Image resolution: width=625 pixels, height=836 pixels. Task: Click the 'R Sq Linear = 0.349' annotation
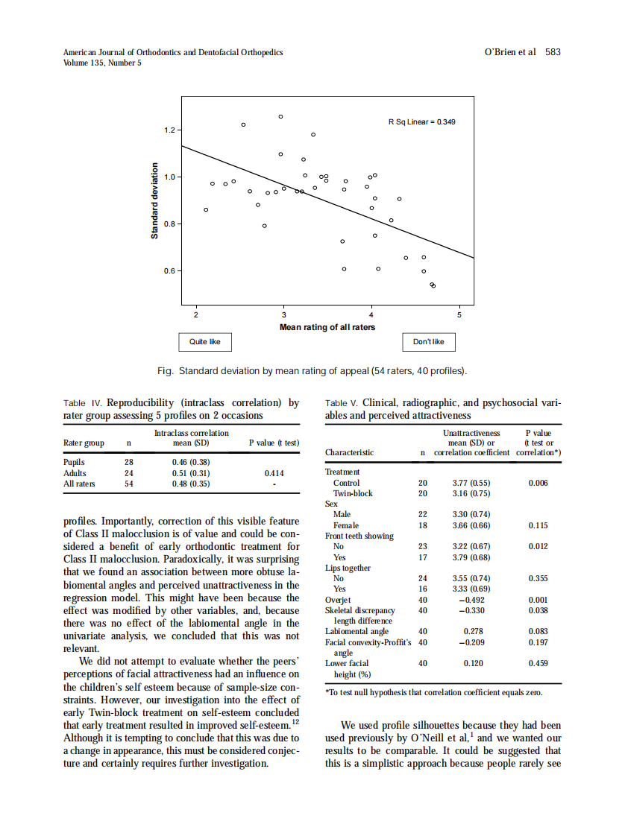pyautogui.click(x=421, y=121)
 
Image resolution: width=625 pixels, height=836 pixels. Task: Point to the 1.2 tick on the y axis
pyautogui.click(x=169, y=130)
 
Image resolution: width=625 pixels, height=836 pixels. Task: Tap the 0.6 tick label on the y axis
pyautogui.click(x=169, y=271)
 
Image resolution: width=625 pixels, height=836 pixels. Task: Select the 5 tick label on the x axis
pyautogui.click(x=460, y=314)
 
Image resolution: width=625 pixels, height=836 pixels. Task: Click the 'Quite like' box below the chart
pyautogui.click(x=205, y=342)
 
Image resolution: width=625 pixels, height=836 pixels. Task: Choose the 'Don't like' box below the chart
pyautogui.click(x=428, y=342)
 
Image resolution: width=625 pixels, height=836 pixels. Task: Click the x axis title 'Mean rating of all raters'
pyautogui.click(x=327, y=327)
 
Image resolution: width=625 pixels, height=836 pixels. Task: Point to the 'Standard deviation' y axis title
pyautogui.click(x=155, y=200)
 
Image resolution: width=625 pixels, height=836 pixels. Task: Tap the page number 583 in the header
pyautogui.click(x=553, y=52)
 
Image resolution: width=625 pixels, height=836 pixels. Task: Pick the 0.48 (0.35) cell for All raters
pyautogui.click(x=191, y=484)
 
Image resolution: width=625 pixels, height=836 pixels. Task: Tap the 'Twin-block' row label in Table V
pyautogui.click(x=352, y=493)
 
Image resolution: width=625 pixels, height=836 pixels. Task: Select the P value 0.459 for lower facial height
pyautogui.click(x=538, y=663)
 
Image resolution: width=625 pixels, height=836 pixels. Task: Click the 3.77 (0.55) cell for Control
pyautogui.click(x=471, y=483)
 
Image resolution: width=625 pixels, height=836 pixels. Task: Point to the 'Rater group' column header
pyautogui.click(x=84, y=443)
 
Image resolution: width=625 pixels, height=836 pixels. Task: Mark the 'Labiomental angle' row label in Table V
pyautogui.click(x=357, y=631)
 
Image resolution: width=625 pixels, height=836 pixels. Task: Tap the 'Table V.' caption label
pyautogui.click(x=342, y=403)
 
